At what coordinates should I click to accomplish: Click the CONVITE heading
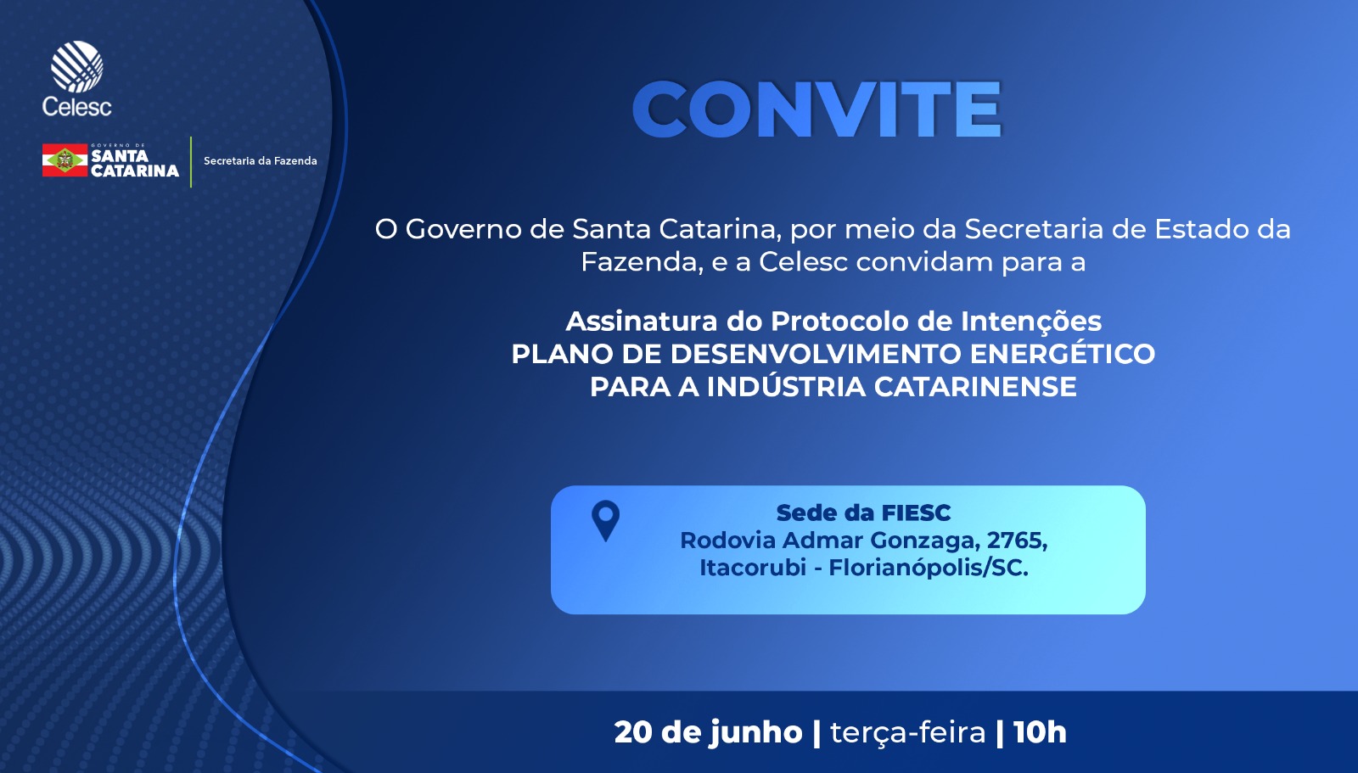coord(816,109)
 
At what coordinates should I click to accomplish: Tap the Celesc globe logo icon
coord(77,66)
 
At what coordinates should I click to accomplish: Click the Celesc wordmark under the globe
coord(77,107)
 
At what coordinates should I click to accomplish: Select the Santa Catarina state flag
coord(65,160)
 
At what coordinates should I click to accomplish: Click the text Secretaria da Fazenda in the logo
coord(260,160)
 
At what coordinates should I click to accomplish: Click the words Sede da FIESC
coord(863,513)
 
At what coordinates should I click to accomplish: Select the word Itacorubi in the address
coord(752,568)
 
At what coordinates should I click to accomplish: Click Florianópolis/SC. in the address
coord(929,568)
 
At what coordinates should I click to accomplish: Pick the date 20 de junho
coord(708,731)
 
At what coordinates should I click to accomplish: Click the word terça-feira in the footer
coord(907,732)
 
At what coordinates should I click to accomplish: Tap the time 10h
coord(1040,731)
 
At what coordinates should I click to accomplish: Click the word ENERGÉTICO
coord(1062,354)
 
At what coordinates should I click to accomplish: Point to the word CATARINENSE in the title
coord(975,387)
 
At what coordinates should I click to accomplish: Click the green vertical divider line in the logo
coord(191,162)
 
